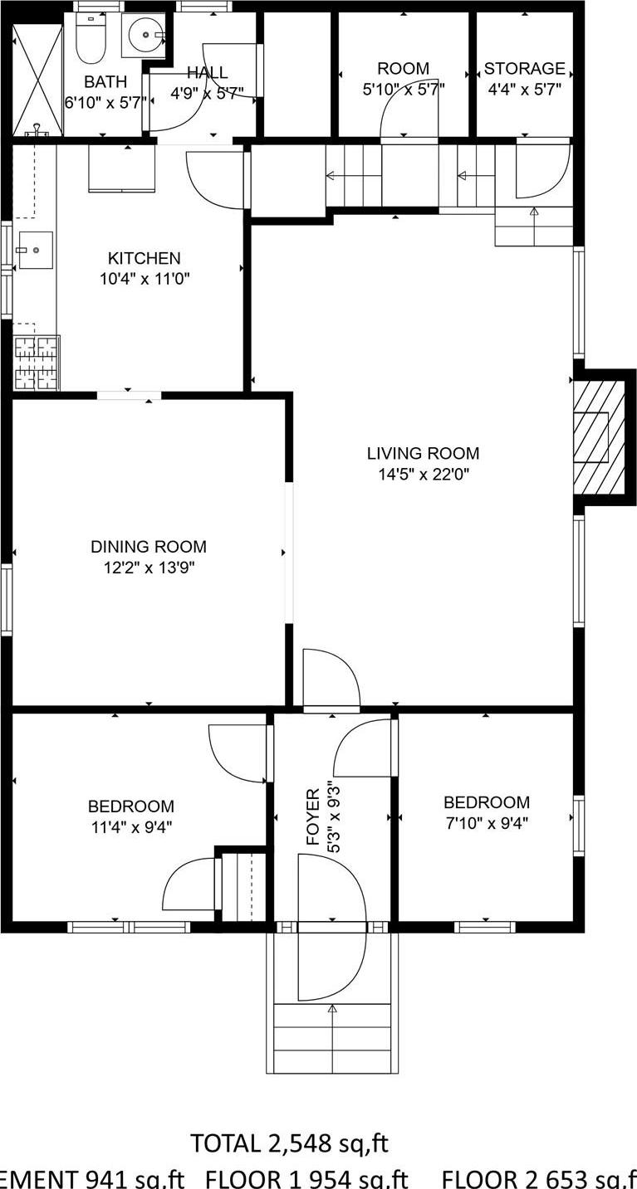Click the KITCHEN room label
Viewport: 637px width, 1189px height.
145,258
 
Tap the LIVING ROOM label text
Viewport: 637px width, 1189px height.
423,453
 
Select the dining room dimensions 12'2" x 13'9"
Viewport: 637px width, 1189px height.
148,568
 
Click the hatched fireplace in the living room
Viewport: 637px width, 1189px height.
599,437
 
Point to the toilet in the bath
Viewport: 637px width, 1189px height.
90,40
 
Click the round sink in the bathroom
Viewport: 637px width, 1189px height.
144,35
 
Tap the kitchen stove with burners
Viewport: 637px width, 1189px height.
37,362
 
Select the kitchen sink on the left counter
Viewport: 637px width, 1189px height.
34,250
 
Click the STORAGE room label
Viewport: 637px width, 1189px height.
524,68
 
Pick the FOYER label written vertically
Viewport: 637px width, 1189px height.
312,817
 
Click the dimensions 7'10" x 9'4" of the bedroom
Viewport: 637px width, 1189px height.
486,823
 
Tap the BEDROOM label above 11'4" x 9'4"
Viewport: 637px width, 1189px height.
131,806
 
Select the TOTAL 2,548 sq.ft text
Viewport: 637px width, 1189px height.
289,1143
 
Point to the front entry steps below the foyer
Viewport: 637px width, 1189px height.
331,1037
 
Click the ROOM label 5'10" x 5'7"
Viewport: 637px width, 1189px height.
403,68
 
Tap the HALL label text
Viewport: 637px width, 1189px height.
207,73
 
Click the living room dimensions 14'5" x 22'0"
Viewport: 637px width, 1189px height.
423,475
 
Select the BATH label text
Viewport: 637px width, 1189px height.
105,81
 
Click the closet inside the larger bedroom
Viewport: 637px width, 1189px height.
239,886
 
